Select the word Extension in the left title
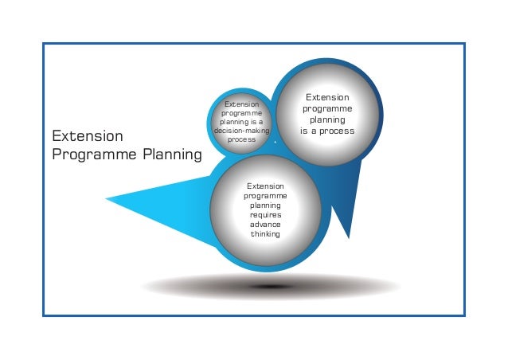click(x=88, y=135)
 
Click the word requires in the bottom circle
click(x=265, y=214)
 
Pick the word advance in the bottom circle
click(x=265, y=224)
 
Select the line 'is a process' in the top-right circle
click(x=326, y=131)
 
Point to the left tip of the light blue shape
click(x=107, y=198)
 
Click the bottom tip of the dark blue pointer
click(x=348, y=237)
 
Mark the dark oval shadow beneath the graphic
click(x=271, y=286)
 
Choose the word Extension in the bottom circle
click(x=265, y=186)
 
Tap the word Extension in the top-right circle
click(x=326, y=97)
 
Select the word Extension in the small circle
click(x=241, y=104)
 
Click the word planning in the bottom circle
click(x=265, y=205)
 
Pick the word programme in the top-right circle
click(x=326, y=108)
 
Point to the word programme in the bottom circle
click(x=265, y=195)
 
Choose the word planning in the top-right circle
click(x=326, y=119)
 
